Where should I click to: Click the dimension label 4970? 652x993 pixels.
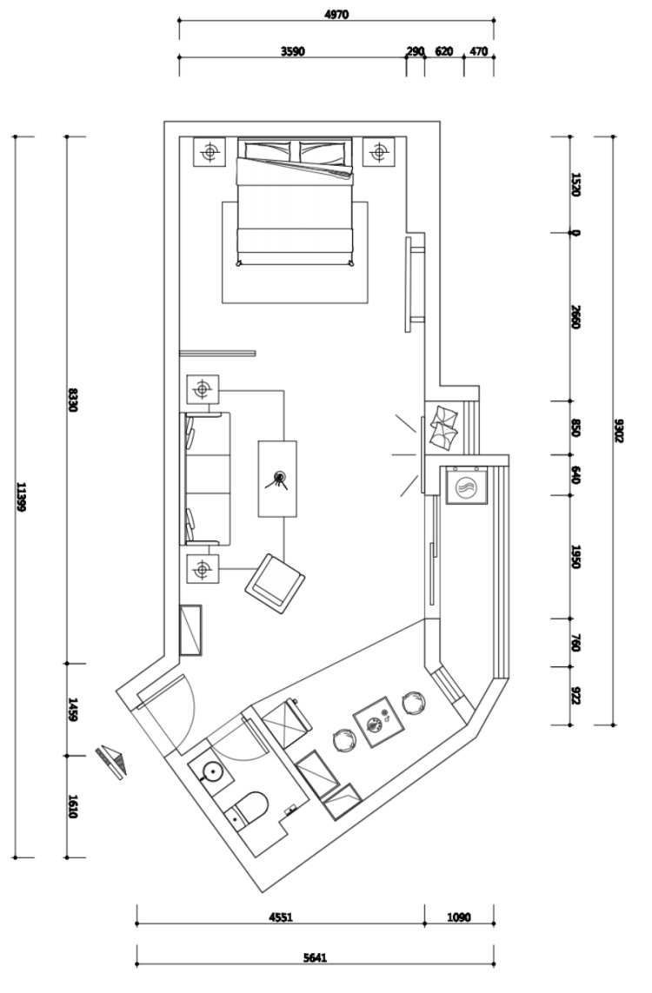[336, 15]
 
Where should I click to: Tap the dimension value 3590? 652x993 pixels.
[293, 51]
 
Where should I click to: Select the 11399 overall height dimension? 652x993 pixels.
[20, 497]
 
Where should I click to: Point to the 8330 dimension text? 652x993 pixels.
[72, 401]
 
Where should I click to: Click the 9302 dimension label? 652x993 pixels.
[619, 430]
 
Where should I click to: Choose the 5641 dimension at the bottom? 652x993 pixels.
[315, 958]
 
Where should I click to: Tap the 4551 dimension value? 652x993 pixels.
[281, 917]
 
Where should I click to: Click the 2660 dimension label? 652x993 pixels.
[575, 316]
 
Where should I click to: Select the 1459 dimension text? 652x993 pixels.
[72, 710]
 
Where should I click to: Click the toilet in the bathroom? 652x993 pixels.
[249, 807]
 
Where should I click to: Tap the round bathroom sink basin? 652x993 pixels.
[211, 771]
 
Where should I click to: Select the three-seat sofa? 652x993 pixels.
[207, 478]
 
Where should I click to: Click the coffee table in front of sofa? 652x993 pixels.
[277, 479]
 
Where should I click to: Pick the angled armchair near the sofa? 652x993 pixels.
[275, 584]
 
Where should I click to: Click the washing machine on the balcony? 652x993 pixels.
[466, 486]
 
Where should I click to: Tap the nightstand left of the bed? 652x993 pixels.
[209, 152]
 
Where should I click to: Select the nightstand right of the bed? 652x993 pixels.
[379, 152]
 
